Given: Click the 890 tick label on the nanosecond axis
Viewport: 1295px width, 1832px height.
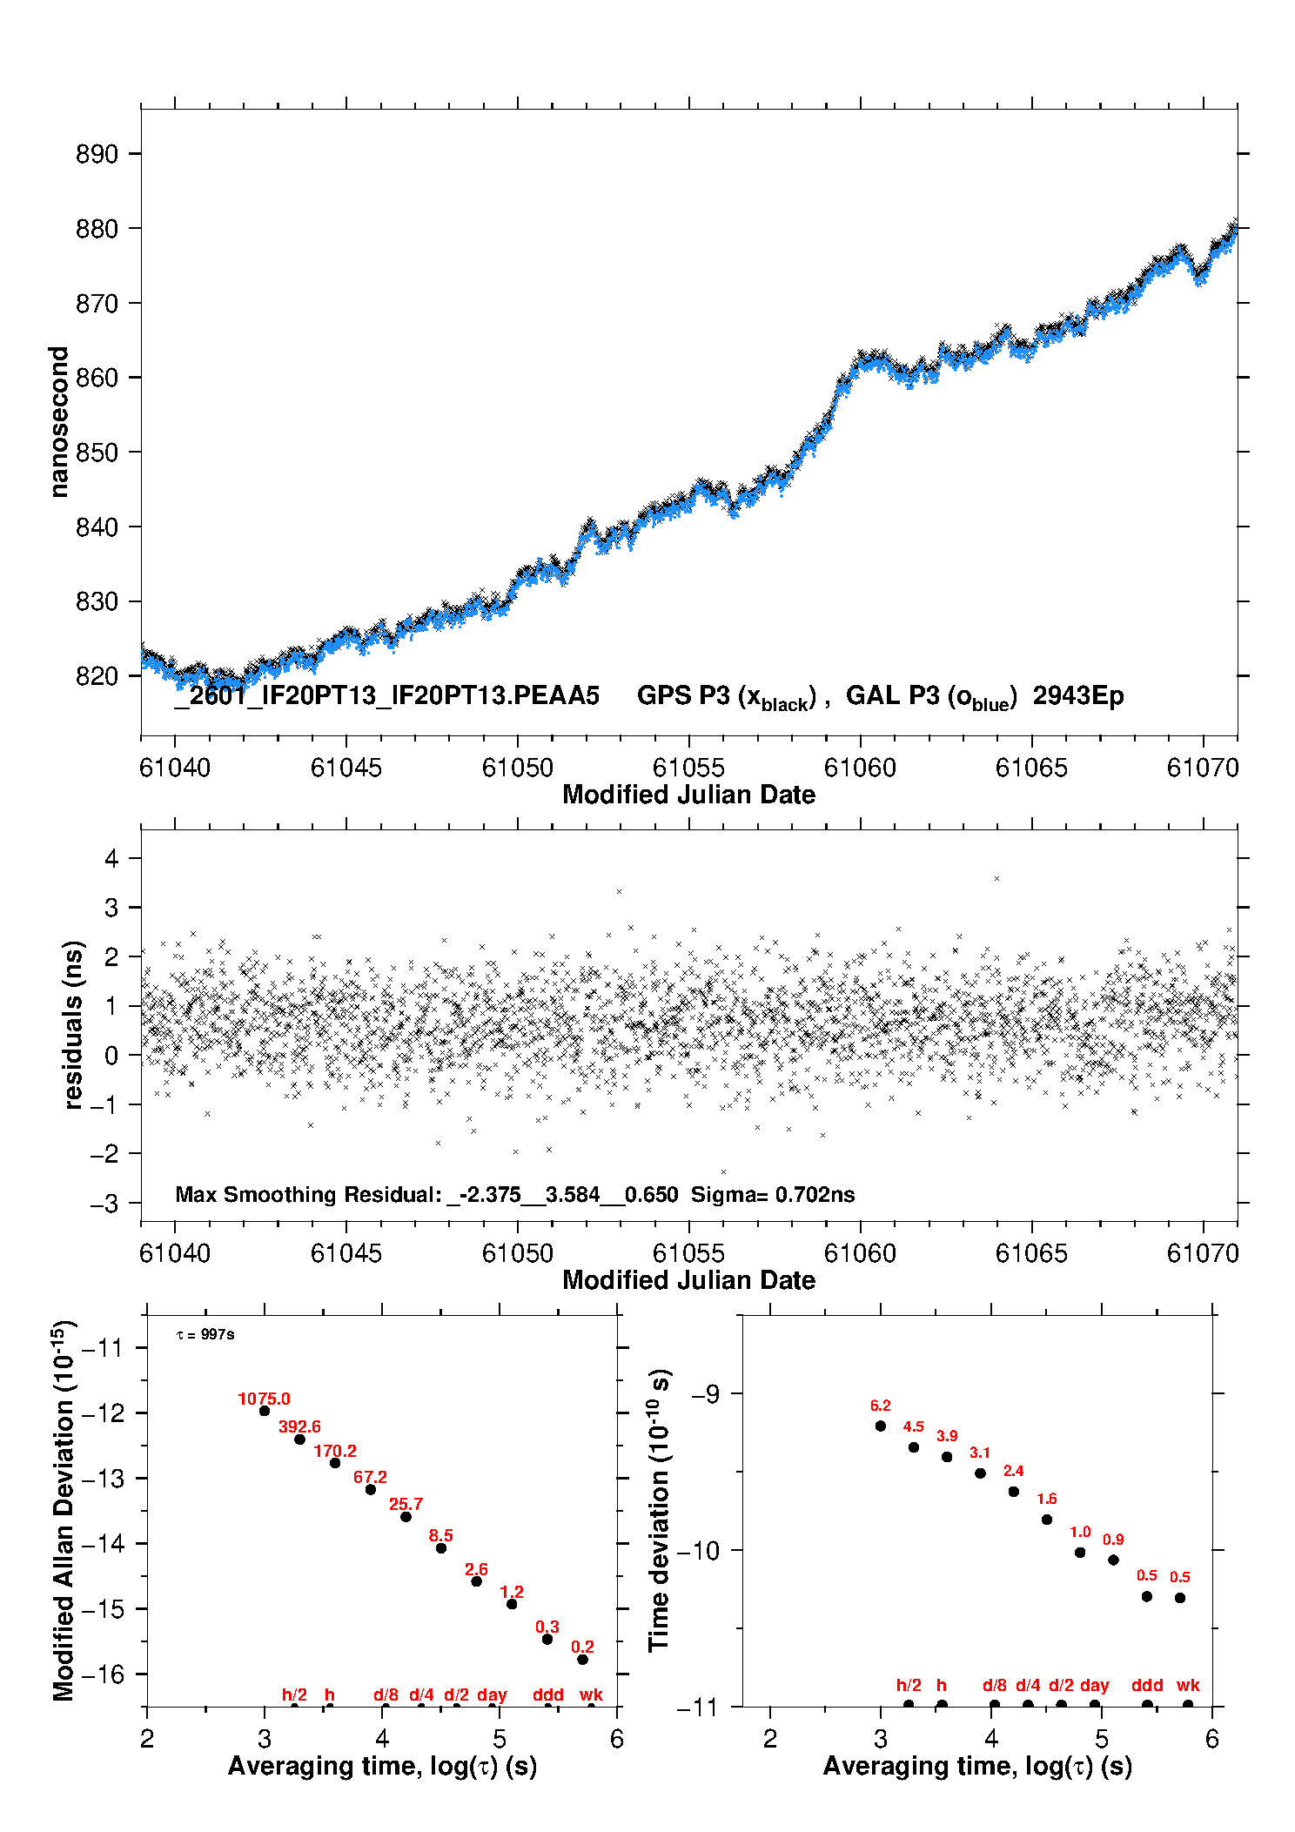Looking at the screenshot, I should pos(97,154).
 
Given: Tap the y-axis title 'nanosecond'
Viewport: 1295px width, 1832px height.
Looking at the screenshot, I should pos(58,421).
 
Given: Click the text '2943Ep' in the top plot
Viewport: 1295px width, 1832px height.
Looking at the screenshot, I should pos(1078,696).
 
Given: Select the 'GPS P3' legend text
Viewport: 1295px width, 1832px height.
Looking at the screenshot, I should pos(681,696).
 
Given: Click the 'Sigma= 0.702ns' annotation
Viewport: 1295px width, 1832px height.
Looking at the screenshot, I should pos(773,1195).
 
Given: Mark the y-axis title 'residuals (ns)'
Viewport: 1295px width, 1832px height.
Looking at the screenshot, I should pos(74,1024).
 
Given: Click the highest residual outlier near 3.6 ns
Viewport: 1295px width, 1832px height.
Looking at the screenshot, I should pos(996,879).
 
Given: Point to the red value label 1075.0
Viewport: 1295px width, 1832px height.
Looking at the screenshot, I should pos(264,1399).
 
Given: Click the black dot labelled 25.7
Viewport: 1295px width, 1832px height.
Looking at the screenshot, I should pos(406,1517).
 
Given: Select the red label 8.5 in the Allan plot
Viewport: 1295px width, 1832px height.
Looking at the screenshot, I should pos(441,1535).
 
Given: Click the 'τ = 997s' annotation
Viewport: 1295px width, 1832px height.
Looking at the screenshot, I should pos(205,1335).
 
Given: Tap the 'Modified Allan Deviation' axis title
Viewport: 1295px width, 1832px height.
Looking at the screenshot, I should pos(64,1511).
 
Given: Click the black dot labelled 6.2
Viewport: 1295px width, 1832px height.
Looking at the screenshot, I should pos(881,1426).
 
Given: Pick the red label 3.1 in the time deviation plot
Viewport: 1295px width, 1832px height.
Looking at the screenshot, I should pos(980,1453).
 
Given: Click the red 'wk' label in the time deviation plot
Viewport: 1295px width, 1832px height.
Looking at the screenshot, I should pos(1188,1686).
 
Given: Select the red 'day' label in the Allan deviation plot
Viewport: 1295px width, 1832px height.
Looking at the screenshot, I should pos(492,1694).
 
